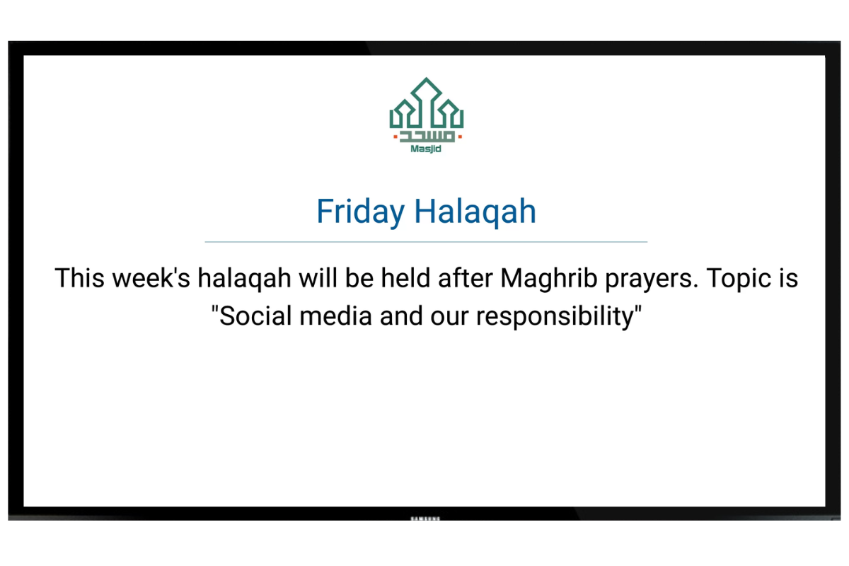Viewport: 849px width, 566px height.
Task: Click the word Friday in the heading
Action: click(360, 212)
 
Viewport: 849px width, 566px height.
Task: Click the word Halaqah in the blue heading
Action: click(475, 212)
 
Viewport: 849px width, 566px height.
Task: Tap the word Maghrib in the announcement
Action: click(548, 279)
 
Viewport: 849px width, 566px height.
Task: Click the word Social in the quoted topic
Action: click(251, 316)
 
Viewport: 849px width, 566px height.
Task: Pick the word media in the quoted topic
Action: click(335, 316)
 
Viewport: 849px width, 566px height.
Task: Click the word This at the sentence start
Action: click(79, 278)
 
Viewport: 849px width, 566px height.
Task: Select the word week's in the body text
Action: click(151, 278)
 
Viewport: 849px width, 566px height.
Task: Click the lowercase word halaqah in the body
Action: click(245, 279)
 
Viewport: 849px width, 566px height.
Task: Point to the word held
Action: click(405, 278)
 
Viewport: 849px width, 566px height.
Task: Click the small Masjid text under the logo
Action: click(426, 149)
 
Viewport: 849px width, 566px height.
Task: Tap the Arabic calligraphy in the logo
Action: click(427, 137)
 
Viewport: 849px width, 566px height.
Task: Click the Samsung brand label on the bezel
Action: click(425, 518)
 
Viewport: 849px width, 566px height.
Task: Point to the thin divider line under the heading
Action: click(426, 241)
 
